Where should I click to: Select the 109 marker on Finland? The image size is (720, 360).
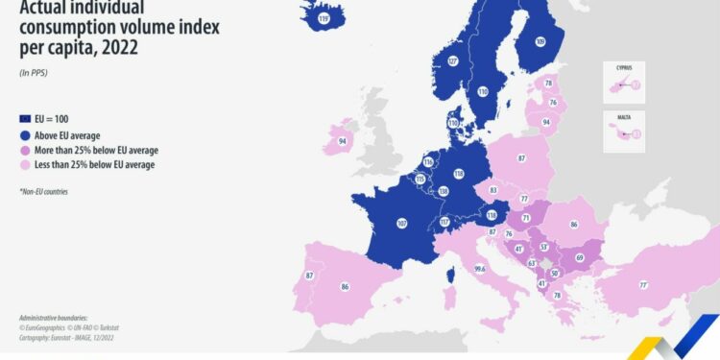click(540, 41)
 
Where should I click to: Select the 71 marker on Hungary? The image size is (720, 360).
click(525, 219)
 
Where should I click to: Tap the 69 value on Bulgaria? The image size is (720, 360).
click(579, 257)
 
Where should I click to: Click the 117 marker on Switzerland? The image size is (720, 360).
click(445, 223)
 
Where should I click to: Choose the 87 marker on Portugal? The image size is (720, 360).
click(310, 276)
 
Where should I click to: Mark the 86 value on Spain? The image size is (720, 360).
click(345, 286)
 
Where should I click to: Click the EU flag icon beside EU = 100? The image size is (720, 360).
click(26, 118)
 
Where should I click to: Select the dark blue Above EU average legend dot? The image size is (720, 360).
click(26, 135)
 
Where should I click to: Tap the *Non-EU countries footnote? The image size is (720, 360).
click(43, 191)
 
